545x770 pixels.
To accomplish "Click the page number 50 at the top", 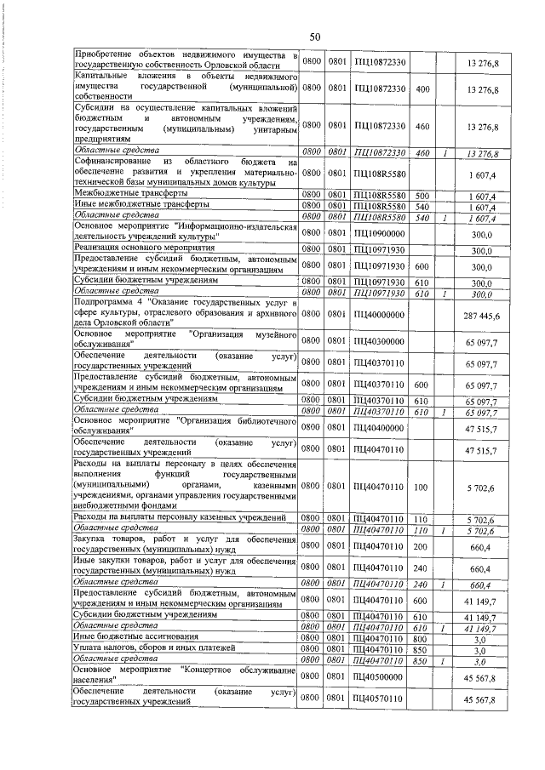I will tap(314, 37).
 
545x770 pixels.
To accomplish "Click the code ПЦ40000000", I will tap(381, 316).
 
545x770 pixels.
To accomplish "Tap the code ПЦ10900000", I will tap(381, 233).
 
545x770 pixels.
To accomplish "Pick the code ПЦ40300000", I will tap(381, 340).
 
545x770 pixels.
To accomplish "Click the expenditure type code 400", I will tap(422, 89).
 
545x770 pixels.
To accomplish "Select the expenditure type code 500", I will tap(422, 195).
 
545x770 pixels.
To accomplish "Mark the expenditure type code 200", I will tap(422, 545).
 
